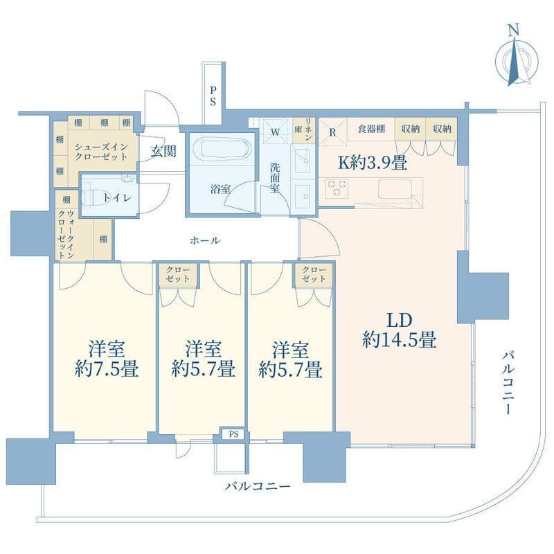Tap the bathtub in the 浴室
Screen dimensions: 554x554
coord(218,150)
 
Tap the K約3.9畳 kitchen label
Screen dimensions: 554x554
coord(372,163)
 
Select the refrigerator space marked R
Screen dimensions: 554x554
coord(333,129)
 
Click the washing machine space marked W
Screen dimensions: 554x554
coord(275,131)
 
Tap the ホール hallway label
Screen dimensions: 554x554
coord(205,240)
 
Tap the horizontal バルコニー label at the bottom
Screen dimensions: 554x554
coord(258,487)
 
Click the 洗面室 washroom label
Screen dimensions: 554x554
coord(275,178)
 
